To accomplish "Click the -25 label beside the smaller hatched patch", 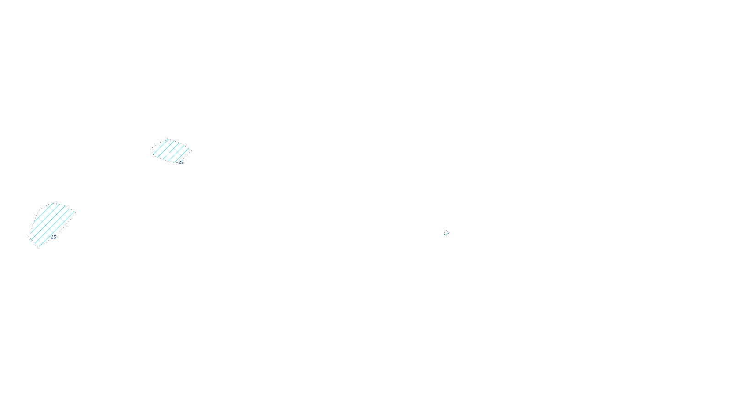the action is point(181,163).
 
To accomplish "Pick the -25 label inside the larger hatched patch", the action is point(53,237).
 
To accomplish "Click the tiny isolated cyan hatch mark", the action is point(447,233).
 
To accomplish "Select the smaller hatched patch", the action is point(170,151).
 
